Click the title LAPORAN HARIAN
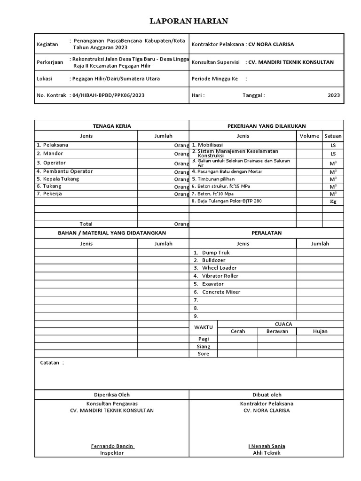pos(188,21)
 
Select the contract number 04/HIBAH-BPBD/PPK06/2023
pos(109,95)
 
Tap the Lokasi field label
pos(44,78)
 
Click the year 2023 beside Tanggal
pos(334,95)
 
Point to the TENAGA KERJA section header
pos(111,126)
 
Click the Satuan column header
pos(333,136)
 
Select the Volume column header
pos(309,136)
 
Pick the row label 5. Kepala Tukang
pos(58,179)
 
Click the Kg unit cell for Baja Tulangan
pos(333,202)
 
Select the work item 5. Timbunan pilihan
pos(213,179)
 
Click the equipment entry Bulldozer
pos(213,260)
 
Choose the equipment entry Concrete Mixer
pos(221,292)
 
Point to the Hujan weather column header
pos(320,331)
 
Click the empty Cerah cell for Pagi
pos(237,339)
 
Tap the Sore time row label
pos(203,354)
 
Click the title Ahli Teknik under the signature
pos(266,453)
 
